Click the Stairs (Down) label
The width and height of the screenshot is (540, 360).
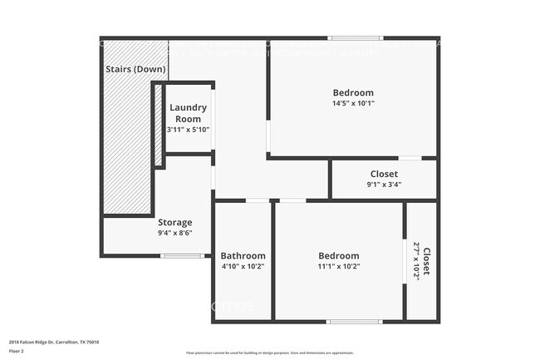[x=135, y=69]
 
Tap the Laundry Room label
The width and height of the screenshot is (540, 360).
[x=188, y=113]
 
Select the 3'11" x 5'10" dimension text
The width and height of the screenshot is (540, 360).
[x=188, y=130]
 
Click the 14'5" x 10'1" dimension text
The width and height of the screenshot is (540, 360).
[x=353, y=104]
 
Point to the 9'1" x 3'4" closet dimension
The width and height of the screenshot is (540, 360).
[x=384, y=185]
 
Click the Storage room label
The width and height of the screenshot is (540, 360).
[x=175, y=222]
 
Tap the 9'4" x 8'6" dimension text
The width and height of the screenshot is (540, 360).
[x=175, y=234]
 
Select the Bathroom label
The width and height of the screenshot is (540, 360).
[x=243, y=255]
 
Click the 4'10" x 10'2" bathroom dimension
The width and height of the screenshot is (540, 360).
[x=243, y=267]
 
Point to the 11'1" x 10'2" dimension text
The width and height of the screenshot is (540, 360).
[x=339, y=267]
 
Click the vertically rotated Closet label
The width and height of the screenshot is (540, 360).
[x=427, y=261]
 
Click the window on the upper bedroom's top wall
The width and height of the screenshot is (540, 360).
[x=355, y=38]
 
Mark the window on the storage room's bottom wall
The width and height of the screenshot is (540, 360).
[x=182, y=256]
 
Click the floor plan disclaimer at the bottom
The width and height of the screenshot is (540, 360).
[x=269, y=353]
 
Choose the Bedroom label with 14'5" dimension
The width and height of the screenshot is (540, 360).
[x=353, y=92]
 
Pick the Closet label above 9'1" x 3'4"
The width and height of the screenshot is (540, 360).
[x=384, y=174]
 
